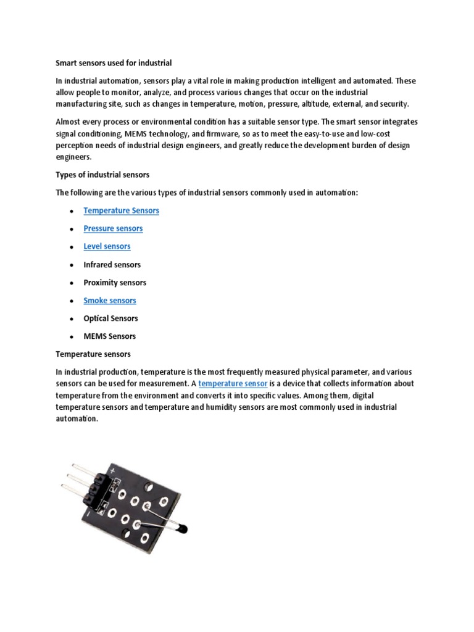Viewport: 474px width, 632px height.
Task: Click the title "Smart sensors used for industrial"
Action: point(114,63)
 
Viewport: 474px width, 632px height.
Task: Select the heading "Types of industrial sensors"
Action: point(102,175)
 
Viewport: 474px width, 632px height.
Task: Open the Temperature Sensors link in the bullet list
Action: point(121,210)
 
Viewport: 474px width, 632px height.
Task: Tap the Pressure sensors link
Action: point(113,228)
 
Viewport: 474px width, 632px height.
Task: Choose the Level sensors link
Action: point(107,246)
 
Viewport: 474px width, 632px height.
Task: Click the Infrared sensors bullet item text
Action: point(112,265)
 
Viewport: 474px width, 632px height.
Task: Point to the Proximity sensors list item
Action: point(115,283)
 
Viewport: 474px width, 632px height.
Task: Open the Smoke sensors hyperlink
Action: point(110,301)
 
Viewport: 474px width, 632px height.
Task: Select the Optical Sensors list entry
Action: point(110,318)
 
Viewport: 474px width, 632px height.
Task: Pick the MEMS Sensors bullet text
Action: point(110,336)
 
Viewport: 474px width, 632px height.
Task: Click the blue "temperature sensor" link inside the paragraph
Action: point(232,384)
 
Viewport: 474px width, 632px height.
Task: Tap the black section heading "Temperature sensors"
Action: point(93,354)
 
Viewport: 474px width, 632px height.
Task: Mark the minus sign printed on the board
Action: point(90,513)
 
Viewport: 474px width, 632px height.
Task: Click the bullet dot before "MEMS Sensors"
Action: point(72,337)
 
